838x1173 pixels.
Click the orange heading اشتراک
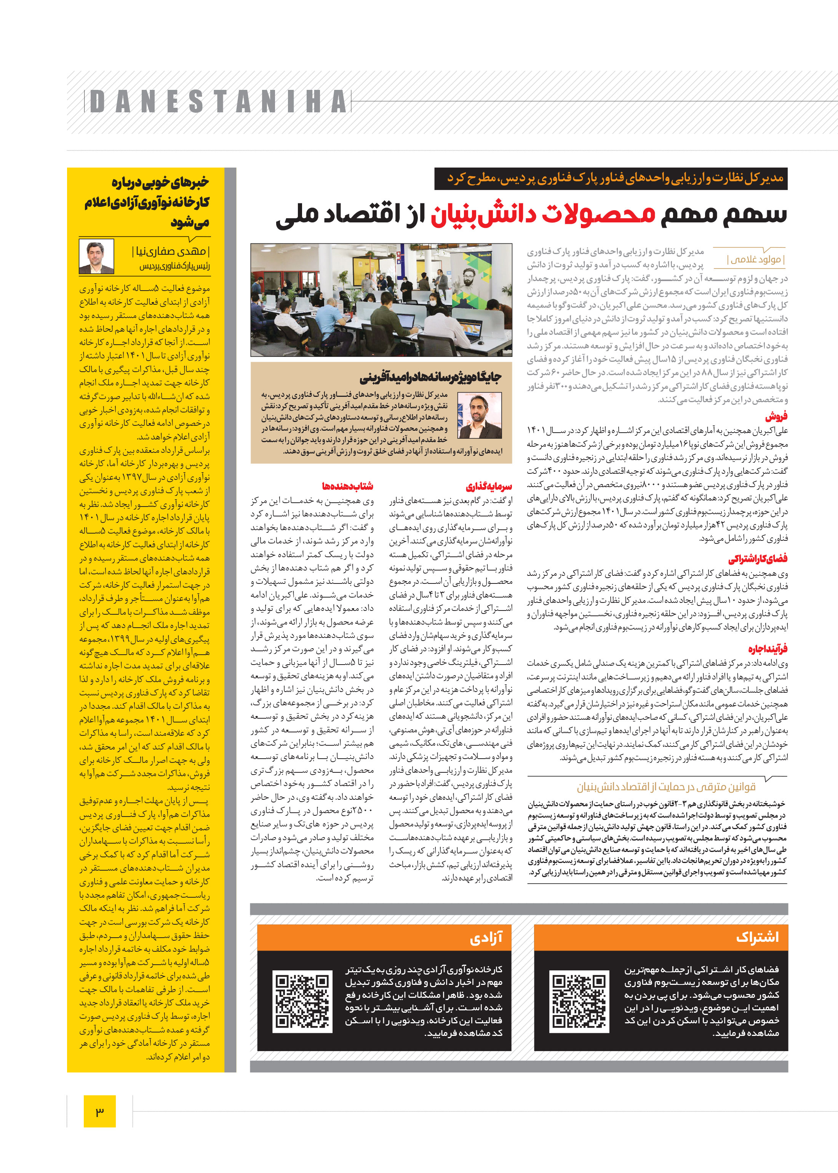[757, 937]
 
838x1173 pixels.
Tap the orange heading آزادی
[486, 937]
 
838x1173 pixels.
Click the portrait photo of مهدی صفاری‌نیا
[96, 256]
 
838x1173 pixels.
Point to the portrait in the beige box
[479, 415]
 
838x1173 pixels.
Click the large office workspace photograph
[381, 300]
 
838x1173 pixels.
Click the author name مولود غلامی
[755, 259]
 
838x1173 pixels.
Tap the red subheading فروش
[776, 416]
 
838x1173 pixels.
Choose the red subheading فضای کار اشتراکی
[758, 559]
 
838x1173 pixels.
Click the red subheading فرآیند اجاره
[767, 649]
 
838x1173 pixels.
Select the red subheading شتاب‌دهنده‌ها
[347, 486]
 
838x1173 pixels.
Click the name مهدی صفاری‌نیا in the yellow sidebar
[171, 251]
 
